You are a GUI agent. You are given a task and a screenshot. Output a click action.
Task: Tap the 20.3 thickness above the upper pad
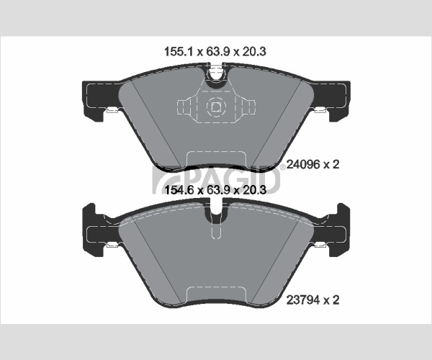253,52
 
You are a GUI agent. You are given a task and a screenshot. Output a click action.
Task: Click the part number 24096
303,165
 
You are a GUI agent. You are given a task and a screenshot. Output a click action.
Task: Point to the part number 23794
303,300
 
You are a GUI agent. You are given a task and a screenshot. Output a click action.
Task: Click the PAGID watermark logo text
216,179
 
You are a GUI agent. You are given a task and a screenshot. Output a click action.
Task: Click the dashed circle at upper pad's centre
216,107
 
